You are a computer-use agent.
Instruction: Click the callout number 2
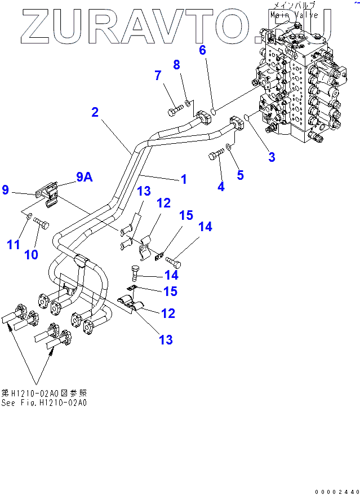pos(95,112)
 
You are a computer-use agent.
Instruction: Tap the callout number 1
pos(183,179)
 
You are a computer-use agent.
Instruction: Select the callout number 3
pos(272,157)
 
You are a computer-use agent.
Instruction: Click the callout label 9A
pos(84,177)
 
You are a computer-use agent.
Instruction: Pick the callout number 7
pos(158,75)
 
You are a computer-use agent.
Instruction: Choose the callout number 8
pos(177,64)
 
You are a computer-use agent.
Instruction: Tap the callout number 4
pos(221,187)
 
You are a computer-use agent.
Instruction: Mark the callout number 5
pos(240,175)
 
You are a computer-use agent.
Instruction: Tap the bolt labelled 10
pos(42,224)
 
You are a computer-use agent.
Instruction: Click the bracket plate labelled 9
pos(48,193)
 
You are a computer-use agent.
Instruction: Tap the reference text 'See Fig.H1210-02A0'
pos(44,403)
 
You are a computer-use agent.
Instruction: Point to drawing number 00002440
pos(336,490)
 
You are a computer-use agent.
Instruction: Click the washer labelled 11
pos(29,217)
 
